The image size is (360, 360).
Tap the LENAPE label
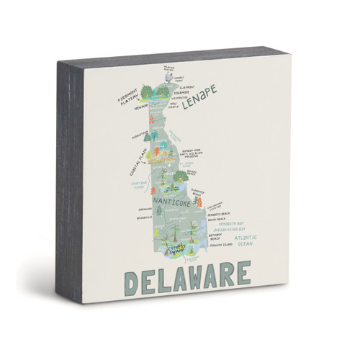point(199,104)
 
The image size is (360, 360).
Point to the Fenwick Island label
point(222,246)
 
